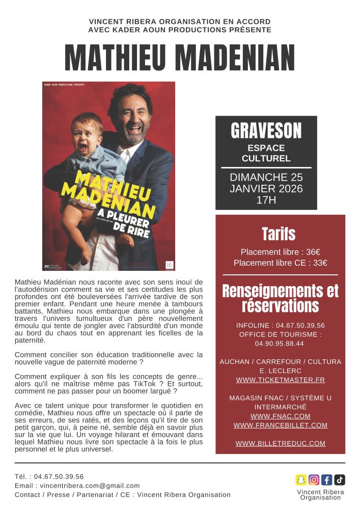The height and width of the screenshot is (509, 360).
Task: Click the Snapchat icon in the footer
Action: pos(301,479)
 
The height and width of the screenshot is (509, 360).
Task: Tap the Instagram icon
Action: pos(314,479)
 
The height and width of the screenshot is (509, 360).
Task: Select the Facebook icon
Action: pos(327,479)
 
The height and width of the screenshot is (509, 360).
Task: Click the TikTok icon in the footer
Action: pos(340,479)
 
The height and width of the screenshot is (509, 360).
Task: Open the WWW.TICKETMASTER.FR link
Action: pos(280,380)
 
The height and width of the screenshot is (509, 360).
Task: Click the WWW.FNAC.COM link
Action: pos(280,416)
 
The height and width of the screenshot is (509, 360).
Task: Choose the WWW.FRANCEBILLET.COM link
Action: pos(280,425)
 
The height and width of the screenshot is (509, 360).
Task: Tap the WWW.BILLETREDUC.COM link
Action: pos(280,443)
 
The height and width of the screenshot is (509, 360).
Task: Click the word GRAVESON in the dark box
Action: pos(266,131)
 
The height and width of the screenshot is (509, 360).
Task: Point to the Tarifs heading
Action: pos(279,234)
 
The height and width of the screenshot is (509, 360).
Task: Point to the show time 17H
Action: pos(266,200)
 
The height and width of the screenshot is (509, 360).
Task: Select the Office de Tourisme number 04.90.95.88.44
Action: pos(279,344)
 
